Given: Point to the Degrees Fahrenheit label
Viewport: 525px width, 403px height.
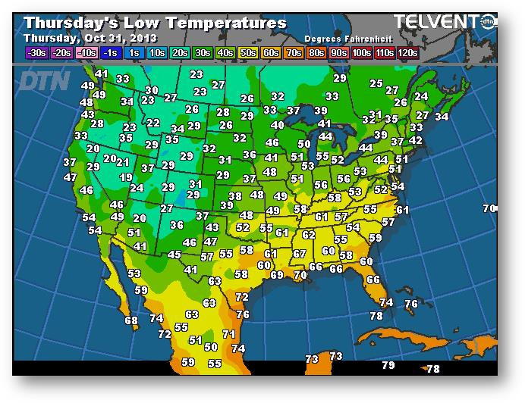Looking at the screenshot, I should click(x=341, y=39).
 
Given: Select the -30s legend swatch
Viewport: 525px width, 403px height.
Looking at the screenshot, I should click(x=36, y=53).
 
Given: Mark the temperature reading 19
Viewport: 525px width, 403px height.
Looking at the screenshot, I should click(x=127, y=177).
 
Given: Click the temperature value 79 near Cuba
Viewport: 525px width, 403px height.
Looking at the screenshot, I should click(x=388, y=365).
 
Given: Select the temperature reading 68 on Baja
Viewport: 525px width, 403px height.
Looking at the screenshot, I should click(x=132, y=320).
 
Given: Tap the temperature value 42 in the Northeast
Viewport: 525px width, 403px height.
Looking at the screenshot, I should click(x=415, y=140).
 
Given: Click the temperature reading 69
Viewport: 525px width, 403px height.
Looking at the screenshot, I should click(x=277, y=275).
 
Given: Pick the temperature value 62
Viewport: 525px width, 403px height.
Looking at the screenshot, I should click(x=309, y=235).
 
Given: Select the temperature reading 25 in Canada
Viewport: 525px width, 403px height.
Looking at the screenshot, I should click(x=376, y=83).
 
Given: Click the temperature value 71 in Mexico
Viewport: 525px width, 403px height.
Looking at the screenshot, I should click(x=228, y=333).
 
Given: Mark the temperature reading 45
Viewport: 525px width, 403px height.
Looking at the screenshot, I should click(x=174, y=255).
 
